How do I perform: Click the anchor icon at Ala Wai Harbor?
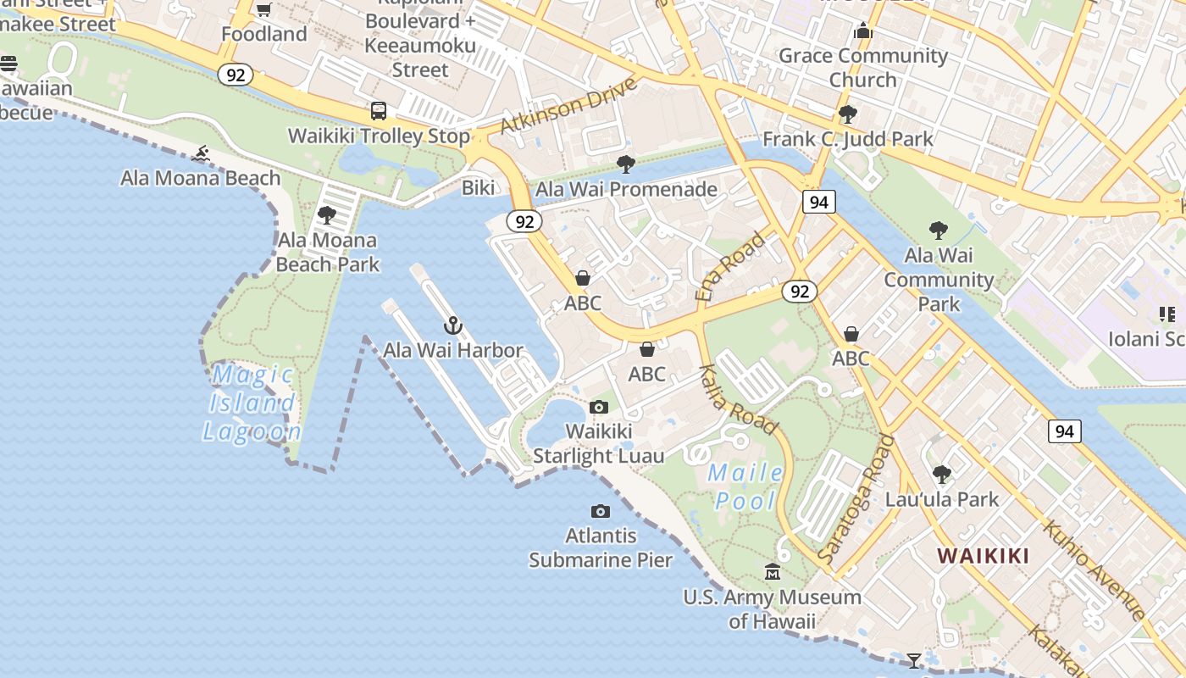pos(453,325)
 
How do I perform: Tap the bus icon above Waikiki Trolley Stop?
pos(379,111)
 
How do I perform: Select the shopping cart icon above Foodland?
pos(263,9)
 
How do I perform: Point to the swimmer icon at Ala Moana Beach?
pos(201,153)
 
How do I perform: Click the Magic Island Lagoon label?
pos(252,403)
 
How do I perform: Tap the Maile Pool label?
pos(745,486)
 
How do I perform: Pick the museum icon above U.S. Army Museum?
pos(772,572)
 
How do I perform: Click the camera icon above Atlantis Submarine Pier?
pos(600,511)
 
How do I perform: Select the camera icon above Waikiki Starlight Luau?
pos(598,407)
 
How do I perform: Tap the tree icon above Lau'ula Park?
pos(941,474)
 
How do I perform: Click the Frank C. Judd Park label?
pos(848,139)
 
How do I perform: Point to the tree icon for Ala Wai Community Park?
pos(938,230)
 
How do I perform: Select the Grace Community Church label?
pos(863,68)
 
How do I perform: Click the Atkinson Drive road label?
pos(568,107)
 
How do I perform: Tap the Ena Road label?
pos(729,266)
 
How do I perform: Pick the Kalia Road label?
pos(740,399)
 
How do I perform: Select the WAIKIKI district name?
pos(983,556)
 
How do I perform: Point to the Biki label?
pos(478,187)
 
